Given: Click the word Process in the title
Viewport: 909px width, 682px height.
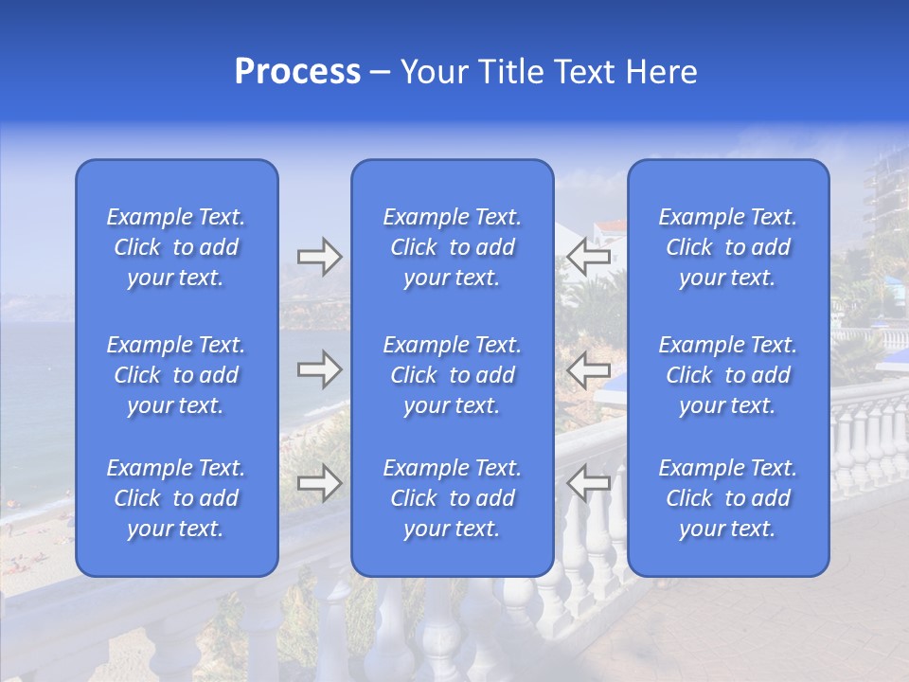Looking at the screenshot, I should [x=297, y=72].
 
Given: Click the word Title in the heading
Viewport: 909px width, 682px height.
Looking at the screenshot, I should [x=512, y=72].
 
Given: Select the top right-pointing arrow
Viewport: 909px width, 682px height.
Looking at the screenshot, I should [x=319, y=257].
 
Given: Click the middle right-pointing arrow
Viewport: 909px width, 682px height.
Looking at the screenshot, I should [x=319, y=369].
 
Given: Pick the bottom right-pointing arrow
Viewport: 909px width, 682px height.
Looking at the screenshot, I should [x=319, y=483].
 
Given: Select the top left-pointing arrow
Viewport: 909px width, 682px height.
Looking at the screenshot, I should [x=588, y=257].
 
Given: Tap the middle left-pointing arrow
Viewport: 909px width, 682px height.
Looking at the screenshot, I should [x=588, y=369].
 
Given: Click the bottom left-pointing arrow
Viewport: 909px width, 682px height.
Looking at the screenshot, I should [x=588, y=483].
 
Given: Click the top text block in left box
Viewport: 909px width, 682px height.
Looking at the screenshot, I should [x=176, y=247].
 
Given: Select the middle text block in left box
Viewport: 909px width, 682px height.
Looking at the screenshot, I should [x=176, y=375].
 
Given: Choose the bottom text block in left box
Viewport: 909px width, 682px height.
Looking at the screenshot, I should [x=176, y=498].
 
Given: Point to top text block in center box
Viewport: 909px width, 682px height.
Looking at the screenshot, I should [x=452, y=247].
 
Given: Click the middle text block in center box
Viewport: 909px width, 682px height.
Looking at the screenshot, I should [x=452, y=375].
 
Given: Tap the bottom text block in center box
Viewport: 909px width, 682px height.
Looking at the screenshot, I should [x=452, y=498].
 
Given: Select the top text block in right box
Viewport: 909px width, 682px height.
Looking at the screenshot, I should [x=727, y=247].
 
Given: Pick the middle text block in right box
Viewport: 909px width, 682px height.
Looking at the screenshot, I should [x=727, y=375].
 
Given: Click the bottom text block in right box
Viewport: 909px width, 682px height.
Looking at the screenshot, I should [x=727, y=498].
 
